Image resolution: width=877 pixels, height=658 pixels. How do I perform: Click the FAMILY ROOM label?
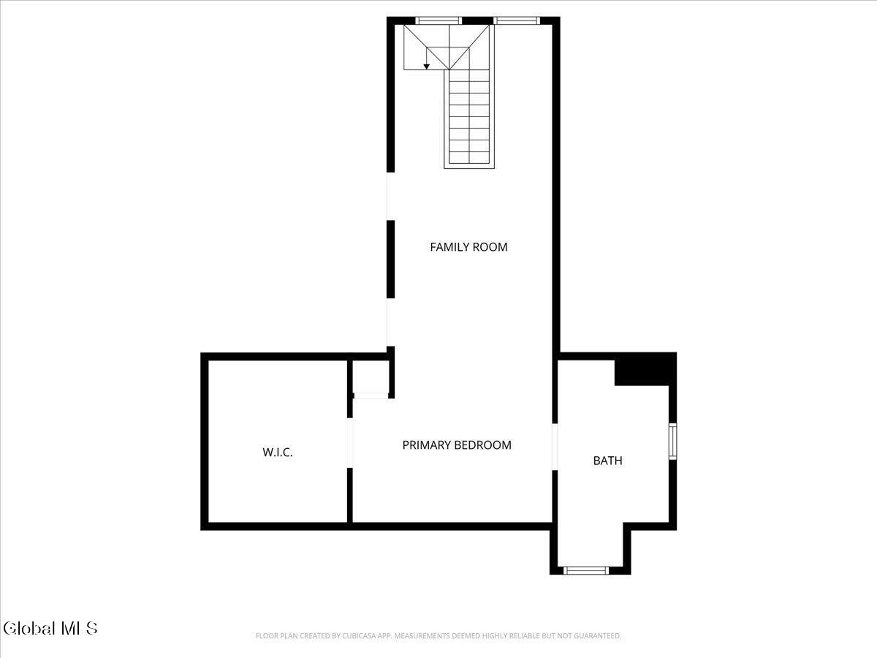pos(468,247)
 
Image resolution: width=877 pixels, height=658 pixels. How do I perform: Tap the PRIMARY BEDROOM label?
pos(457,445)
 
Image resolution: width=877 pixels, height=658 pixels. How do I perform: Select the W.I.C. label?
pos(278,453)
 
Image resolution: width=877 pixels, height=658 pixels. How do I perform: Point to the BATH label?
pos(608,461)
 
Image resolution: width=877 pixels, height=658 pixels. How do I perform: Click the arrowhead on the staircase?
pos(427,67)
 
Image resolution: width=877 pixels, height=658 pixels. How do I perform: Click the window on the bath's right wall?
pos(673,442)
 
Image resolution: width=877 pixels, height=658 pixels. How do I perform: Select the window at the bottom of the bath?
pos(586,570)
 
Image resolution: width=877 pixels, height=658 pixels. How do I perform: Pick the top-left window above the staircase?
pos(438,20)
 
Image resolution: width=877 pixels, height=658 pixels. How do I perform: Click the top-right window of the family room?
pos(517,20)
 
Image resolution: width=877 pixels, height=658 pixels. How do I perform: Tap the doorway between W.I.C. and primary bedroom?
pos(350,443)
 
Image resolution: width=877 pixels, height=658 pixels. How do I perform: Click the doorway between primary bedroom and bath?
pos(555,447)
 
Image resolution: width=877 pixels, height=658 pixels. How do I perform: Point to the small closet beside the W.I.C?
pos(371,377)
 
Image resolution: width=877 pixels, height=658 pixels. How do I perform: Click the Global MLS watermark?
pos(50,628)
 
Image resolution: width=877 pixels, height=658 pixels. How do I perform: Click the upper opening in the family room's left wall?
pos(390,196)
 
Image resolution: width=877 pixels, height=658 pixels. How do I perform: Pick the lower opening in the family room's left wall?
pos(390,322)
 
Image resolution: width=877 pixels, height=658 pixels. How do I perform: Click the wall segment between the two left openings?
pos(390,260)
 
